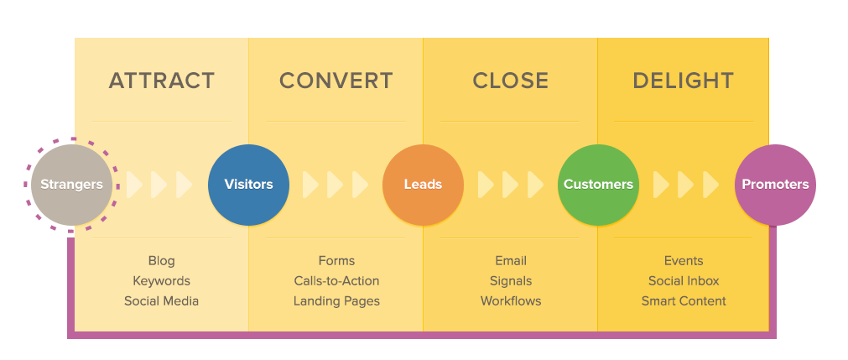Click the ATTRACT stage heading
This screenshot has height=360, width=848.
(x=161, y=81)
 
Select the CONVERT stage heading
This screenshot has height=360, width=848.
(x=336, y=81)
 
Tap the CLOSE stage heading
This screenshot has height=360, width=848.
(x=510, y=81)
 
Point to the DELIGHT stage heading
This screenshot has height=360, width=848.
(x=683, y=81)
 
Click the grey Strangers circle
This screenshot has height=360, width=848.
(x=71, y=185)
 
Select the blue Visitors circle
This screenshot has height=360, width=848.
(x=248, y=185)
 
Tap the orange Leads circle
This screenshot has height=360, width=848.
(x=423, y=185)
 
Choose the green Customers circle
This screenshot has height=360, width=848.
(x=598, y=185)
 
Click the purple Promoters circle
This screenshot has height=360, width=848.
(x=775, y=185)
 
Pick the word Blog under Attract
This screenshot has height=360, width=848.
(x=161, y=261)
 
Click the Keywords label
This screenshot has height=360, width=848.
(x=161, y=281)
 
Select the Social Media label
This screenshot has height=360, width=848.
(x=161, y=301)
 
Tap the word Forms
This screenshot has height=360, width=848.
(x=336, y=261)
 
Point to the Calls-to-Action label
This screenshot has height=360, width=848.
(x=336, y=281)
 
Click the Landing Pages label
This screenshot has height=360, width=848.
(x=336, y=301)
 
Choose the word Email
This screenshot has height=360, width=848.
(x=511, y=261)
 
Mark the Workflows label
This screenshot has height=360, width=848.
(x=511, y=301)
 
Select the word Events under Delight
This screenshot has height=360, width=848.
(x=684, y=261)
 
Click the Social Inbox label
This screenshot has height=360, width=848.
(x=684, y=281)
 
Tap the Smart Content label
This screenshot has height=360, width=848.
(x=684, y=301)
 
